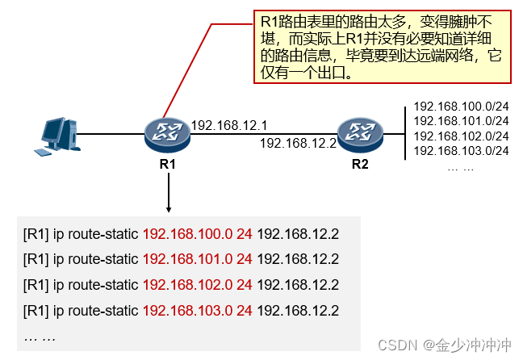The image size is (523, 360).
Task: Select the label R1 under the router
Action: pyautogui.click(x=168, y=165)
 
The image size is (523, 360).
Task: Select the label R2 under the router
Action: pyautogui.click(x=360, y=165)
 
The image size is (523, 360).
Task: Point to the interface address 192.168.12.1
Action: pyautogui.click(x=229, y=125)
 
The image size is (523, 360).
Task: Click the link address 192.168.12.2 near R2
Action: pyautogui.click(x=297, y=143)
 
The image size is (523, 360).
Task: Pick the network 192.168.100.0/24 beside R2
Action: pyautogui.click(x=460, y=107)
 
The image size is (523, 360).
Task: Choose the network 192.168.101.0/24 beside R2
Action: pyautogui.click(x=460, y=121)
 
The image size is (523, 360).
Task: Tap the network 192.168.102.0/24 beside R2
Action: pyautogui.click(x=460, y=136)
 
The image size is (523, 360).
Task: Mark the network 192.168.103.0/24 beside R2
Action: pyautogui.click(x=460, y=150)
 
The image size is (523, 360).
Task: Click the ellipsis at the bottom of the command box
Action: pyautogui.click(x=40, y=336)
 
